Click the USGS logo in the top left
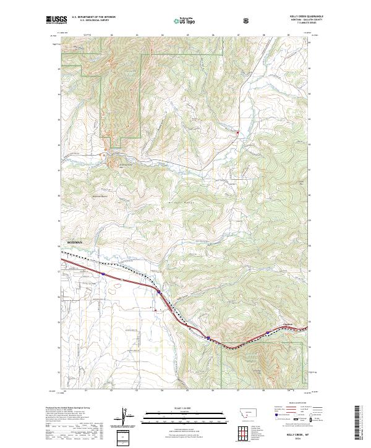[x=56, y=20]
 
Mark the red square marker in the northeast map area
[x=237, y=131]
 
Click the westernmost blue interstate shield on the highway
[x=104, y=273]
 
